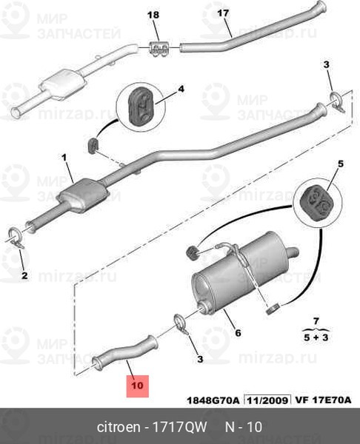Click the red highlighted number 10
click(138, 386)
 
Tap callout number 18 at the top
click(153, 15)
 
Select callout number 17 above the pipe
click(223, 13)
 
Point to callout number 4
click(181, 90)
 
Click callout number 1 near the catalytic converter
click(64, 158)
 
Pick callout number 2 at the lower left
click(24, 275)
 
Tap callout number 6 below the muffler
click(238, 333)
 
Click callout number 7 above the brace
click(316, 321)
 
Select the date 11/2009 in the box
click(267, 400)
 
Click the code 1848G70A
click(213, 400)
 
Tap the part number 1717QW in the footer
click(180, 427)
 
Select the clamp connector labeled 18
click(159, 49)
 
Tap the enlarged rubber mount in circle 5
click(316, 203)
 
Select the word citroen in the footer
click(119, 427)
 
